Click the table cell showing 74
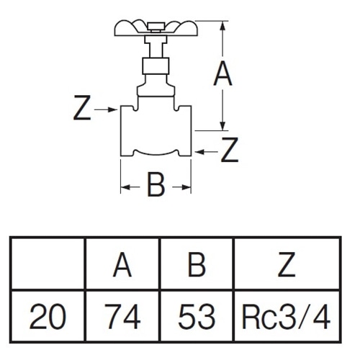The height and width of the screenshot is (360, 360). [122, 316]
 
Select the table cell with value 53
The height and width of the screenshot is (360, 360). [197, 316]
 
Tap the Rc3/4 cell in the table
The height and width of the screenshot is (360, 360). [287, 316]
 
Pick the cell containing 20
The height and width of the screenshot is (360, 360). [48, 316]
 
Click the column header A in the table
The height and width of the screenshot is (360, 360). [122, 264]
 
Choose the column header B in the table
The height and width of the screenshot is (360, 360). [197, 264]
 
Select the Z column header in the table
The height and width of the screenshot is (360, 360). [287, 264]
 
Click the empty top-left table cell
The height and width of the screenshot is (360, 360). [48, 264]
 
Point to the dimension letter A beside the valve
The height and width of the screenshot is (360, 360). [222, 73]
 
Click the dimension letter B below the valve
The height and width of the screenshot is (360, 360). [156, 184]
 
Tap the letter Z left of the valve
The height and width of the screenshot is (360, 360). [82, 107]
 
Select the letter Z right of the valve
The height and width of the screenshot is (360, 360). [230, 150]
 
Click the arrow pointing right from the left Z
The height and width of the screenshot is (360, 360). [105, 109]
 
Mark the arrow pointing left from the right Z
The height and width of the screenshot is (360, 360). [207, 152]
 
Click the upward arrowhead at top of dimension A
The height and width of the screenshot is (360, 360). [222, 26]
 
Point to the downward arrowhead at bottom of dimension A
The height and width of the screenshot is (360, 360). [222, 126]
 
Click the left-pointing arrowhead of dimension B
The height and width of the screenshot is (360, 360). [125, 187]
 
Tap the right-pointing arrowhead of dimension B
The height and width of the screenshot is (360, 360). [186, 187]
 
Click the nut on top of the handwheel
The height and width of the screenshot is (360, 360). [156, 27]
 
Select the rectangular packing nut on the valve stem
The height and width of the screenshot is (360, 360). [156, 66]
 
